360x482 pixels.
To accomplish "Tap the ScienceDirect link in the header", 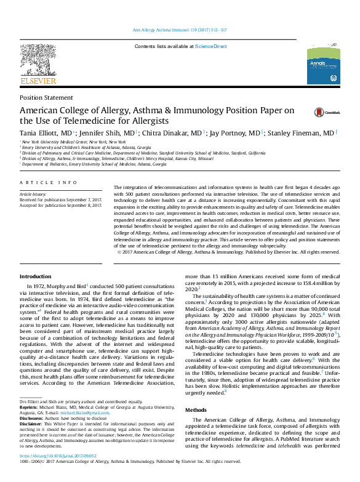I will [211, 47].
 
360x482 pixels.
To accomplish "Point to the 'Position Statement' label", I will [42, 98].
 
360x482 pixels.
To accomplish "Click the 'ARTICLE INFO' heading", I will [49, 183].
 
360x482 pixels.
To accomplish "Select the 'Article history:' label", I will [33, 193].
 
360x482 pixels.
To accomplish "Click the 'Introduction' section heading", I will [36, 277].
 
